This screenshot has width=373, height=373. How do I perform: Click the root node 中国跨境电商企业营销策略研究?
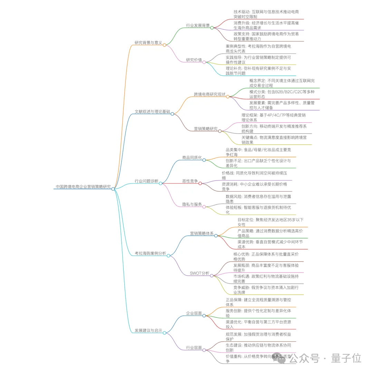tap(83, 186)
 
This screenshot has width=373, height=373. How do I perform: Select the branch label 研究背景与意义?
tap(148, 42)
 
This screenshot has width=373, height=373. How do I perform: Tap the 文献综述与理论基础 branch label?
tap(152, 112)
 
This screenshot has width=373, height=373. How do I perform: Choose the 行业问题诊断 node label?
tap(146, 181)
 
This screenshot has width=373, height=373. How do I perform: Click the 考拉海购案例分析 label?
tap(150, 254)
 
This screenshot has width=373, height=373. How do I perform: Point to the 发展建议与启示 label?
tap(148, 331)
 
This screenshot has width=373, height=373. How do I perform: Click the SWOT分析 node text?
tap(200, 273)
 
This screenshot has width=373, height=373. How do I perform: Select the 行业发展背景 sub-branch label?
tap(198, 25)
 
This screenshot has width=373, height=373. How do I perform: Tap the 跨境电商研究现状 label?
tap(210, 94)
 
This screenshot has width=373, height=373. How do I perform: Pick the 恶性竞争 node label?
tap(190, 181)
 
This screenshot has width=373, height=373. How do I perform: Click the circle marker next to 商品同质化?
tap(204, 160)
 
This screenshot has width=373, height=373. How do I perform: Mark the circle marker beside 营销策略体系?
tap(216, 236)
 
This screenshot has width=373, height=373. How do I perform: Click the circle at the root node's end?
tap(113, 189)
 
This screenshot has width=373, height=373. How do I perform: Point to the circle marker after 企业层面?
tap(204, 315)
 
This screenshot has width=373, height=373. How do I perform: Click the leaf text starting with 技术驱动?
tap(266, 14)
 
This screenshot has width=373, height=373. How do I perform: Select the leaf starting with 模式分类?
tap(282, 94)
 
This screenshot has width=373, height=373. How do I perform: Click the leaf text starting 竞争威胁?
tap(266, 290)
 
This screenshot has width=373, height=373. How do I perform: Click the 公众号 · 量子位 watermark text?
tap(325, 358)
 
